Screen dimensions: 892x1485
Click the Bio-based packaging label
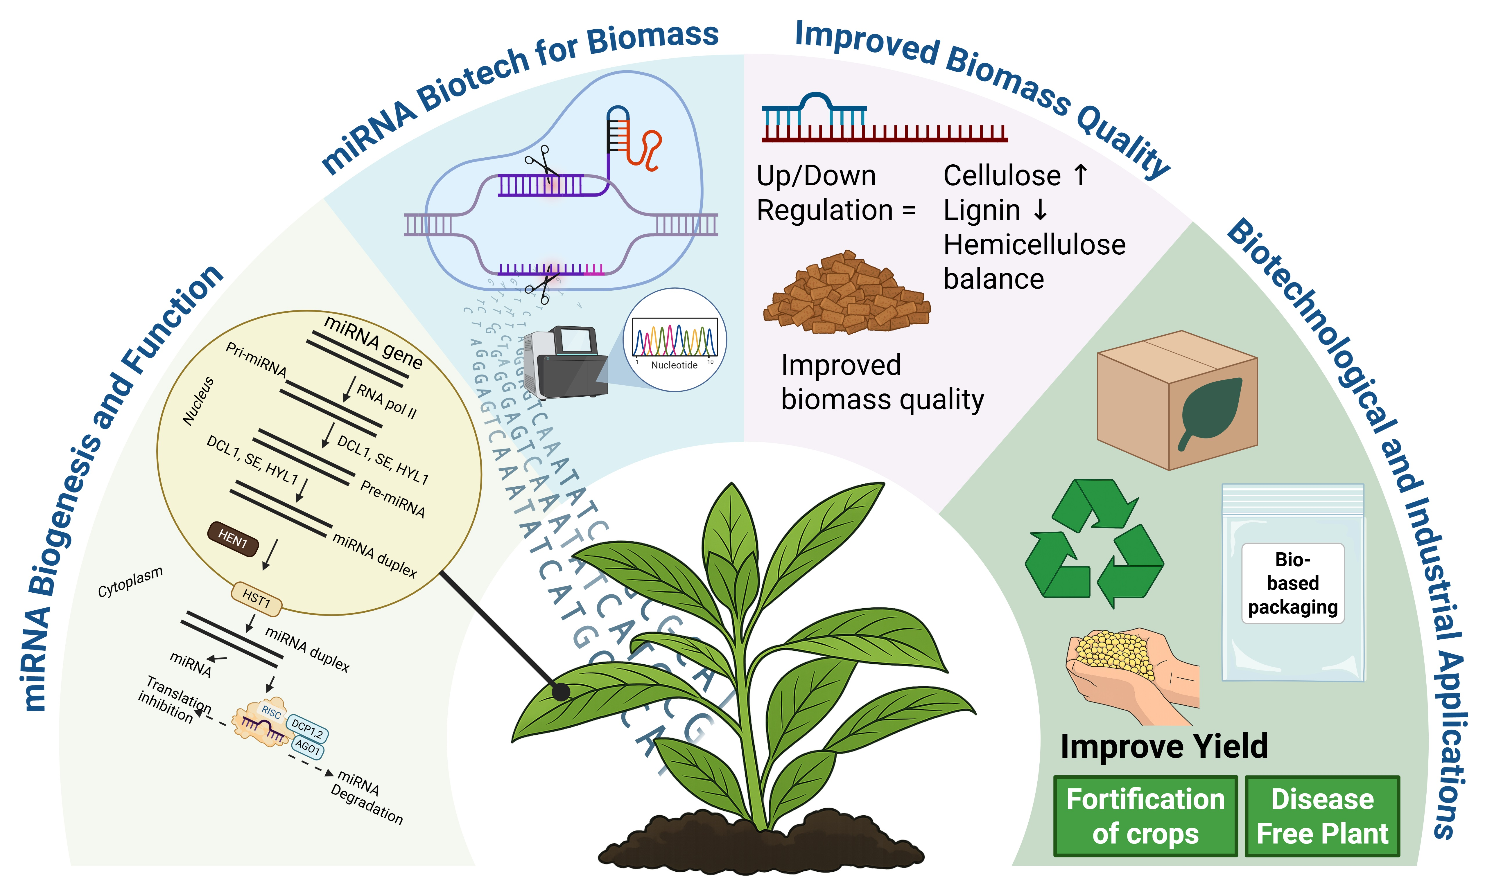click(1293, 583)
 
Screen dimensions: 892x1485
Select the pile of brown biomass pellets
click(846, 294)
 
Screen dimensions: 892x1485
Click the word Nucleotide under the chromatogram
click(674, 365)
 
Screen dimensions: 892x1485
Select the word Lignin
click(981, 211)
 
